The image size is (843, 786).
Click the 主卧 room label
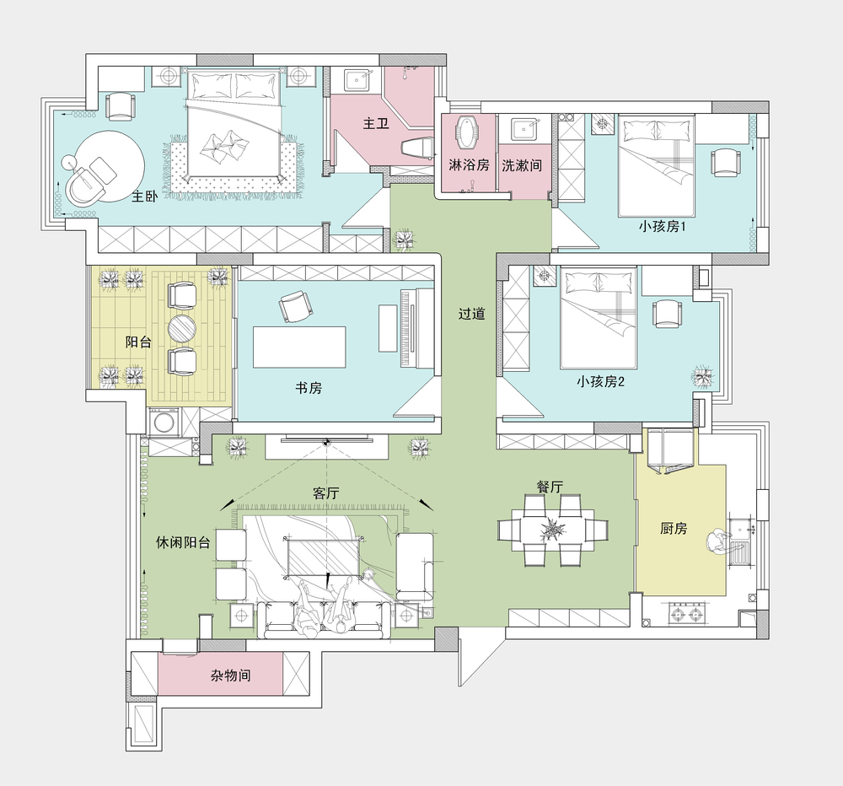(145, 196)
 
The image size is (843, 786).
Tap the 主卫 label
(376, 123)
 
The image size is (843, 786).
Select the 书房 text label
(309, 387)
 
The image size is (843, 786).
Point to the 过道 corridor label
(472, 313)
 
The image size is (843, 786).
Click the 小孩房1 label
(662, 227)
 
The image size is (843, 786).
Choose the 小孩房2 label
(600, 381)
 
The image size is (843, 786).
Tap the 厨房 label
(674, 528)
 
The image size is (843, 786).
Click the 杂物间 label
(231, 676)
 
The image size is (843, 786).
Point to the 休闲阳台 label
(183, 542)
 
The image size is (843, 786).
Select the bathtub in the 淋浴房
(468, 132)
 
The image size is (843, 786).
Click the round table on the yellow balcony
(182, 329)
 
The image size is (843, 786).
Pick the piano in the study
(416, 329)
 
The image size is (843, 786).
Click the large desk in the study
(299, 347)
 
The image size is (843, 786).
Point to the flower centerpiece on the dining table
(552, 530)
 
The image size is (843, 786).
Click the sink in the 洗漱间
(522, 130)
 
